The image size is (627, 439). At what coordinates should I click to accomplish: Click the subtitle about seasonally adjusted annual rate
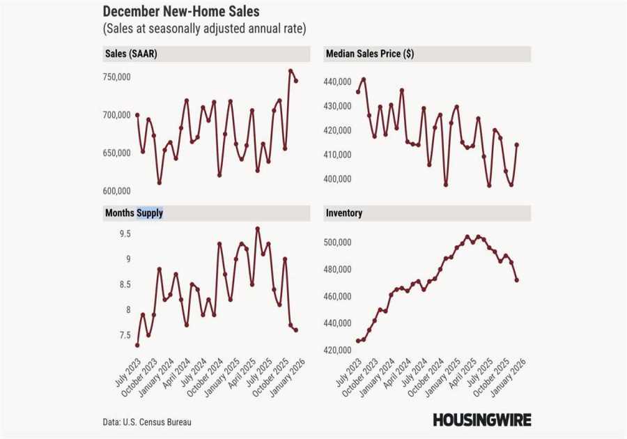tap(204, 29)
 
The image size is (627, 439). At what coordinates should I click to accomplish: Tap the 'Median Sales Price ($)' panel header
tap(369, 54)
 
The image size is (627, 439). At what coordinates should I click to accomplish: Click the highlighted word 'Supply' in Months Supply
tap(150, 213)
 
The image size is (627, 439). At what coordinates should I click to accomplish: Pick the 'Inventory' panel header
tap(343, 213)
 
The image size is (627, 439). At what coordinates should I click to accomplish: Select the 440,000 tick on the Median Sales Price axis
tap(337, 82)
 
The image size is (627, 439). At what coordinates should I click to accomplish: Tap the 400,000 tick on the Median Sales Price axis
tap(337, 179)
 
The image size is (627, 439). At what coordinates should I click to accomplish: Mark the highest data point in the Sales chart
tap(291, 71)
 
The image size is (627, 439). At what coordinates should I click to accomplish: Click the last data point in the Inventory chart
tap(516, 280)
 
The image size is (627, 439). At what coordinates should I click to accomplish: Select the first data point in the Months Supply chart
tap(137, 345)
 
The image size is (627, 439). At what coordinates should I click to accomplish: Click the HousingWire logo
tap(481, 419)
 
